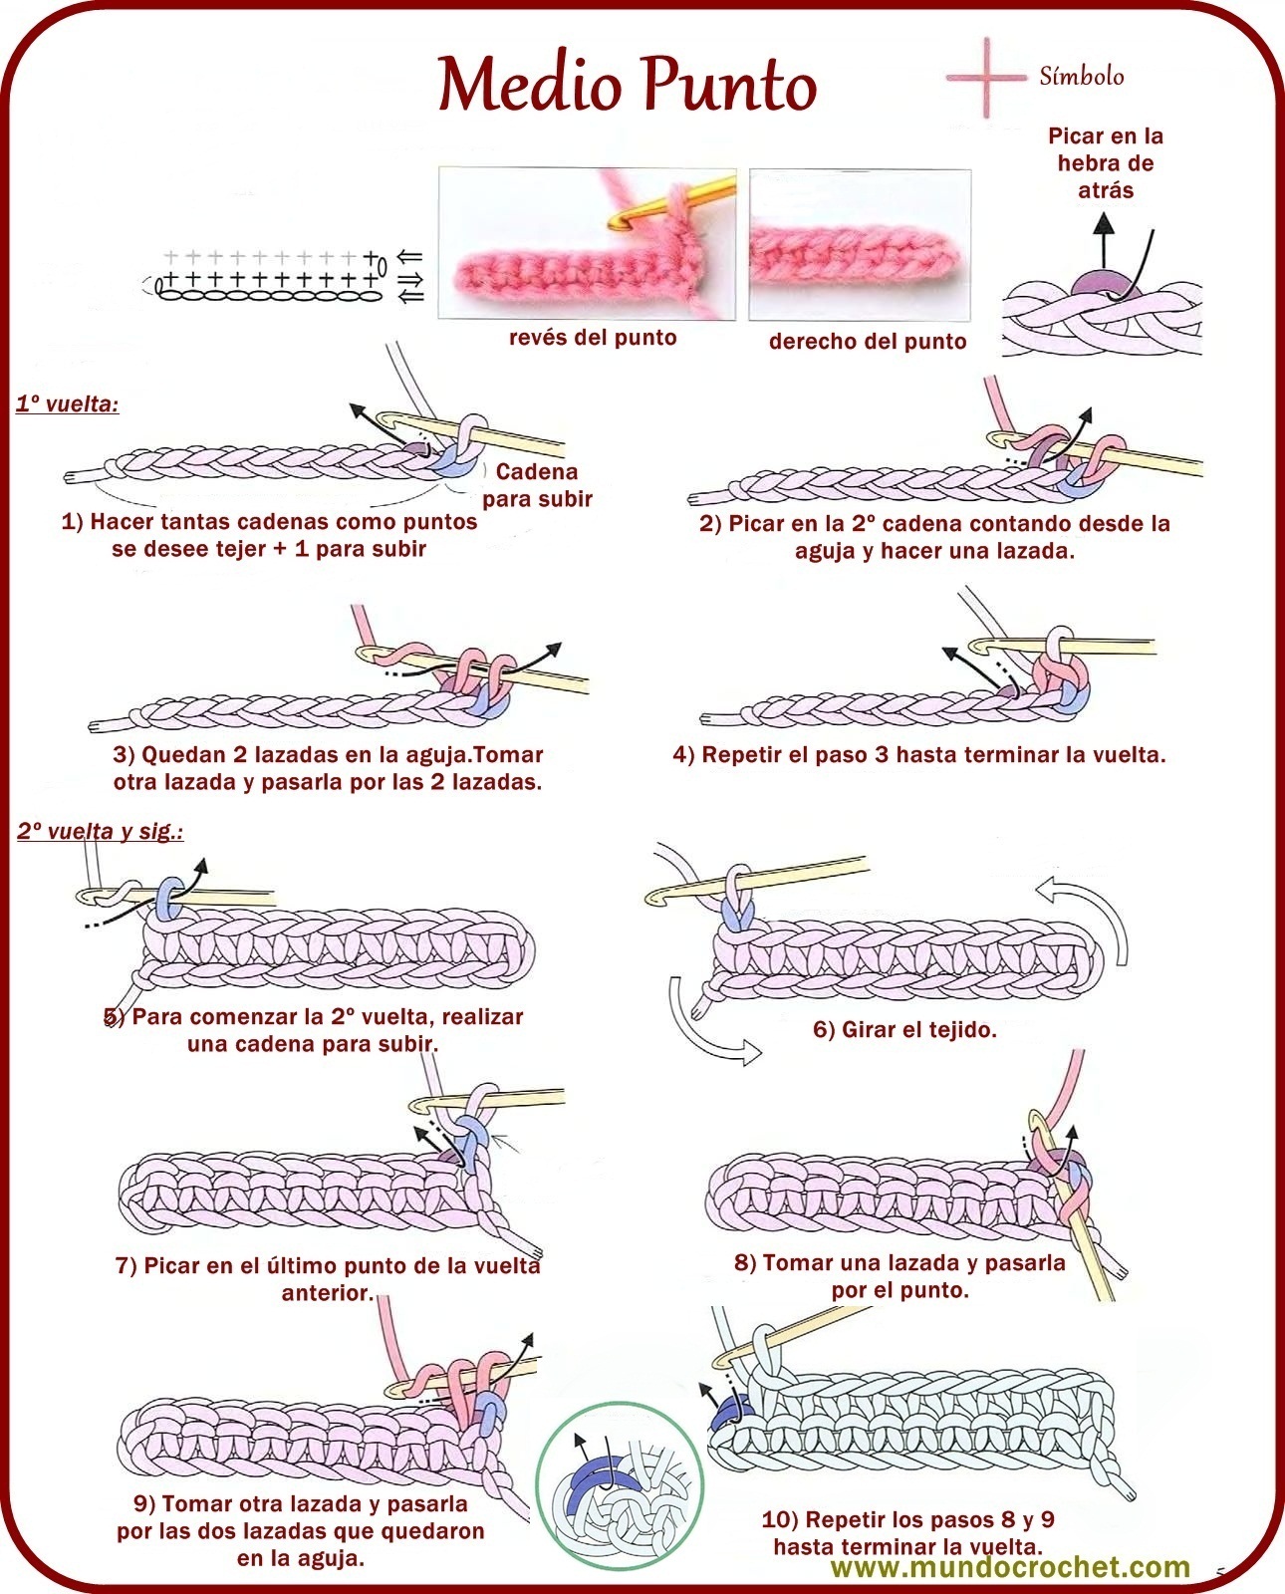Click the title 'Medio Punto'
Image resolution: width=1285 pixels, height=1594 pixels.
[628, 85]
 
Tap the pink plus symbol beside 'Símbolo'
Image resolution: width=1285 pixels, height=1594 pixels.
[985, 77]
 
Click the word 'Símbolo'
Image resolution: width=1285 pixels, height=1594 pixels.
[1081, 77]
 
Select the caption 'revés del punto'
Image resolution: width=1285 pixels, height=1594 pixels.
[593, 338]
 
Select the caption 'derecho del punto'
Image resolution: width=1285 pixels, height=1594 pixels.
[868, 342]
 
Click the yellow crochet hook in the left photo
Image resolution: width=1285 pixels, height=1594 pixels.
[677, 198]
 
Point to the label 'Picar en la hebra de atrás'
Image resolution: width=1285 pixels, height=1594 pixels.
[1105, 163]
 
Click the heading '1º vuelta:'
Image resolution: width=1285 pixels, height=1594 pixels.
[67, 404]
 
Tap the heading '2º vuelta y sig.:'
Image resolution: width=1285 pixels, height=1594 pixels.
[100, 831]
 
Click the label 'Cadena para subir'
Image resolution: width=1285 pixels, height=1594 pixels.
[537, 485]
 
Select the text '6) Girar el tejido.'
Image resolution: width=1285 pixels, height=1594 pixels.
[904, 1030]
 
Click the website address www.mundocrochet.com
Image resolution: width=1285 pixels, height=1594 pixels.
[1010, 1567]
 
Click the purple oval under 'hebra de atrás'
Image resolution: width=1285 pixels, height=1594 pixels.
[1101, 283]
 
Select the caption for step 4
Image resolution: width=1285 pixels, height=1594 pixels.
[918, 755]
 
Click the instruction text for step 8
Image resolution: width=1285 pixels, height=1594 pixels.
[899, 1276]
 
